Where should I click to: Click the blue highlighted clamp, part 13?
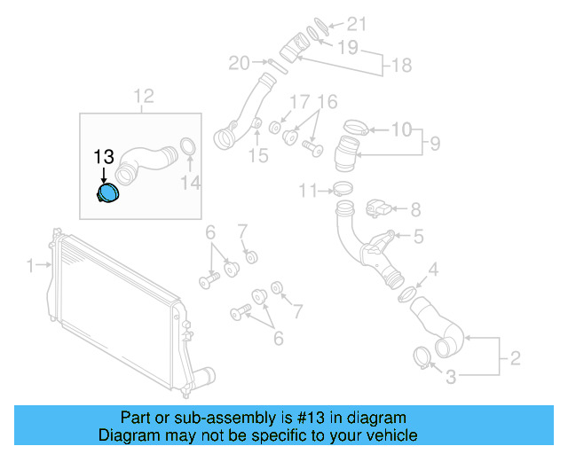point(108,194)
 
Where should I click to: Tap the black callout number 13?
point(105,157)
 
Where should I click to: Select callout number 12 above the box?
point(144,96)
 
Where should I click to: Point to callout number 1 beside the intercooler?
point(30,265)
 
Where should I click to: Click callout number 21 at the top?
point(356,23)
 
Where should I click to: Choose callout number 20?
point(239,63)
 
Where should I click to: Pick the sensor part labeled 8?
point(377,209)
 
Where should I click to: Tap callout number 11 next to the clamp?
point(307,190)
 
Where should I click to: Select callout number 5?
point(418,237)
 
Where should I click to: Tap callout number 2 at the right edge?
point(515,359)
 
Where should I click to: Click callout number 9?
point(434,143)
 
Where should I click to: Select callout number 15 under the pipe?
point(257,157)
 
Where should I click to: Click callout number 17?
point(300,101)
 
